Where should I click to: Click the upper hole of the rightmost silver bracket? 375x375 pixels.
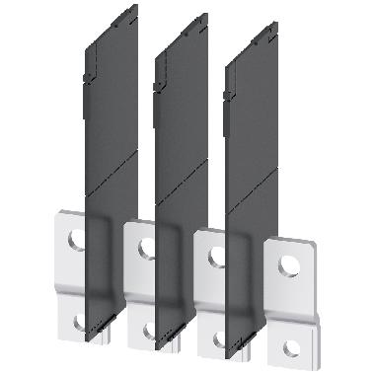click(x=290, y=266)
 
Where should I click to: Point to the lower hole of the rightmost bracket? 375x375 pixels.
click(x=290, y=346)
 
